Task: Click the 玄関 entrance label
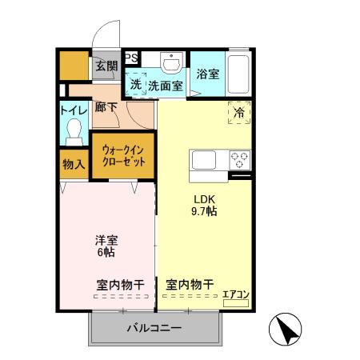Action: point(106,66)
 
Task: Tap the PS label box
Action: point(131,57)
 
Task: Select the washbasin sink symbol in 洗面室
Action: point(170,62)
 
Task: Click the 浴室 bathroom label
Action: point(208,74)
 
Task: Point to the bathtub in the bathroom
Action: point(240,72)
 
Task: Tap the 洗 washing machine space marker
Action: point(135,84)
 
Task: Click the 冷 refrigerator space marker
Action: point(238,113)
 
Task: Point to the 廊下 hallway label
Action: point(106,106)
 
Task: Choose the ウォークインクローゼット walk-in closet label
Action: point(122,155)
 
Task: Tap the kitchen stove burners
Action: point(239,158)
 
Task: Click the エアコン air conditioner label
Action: point(235,294)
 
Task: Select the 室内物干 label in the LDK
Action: point(190,284)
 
